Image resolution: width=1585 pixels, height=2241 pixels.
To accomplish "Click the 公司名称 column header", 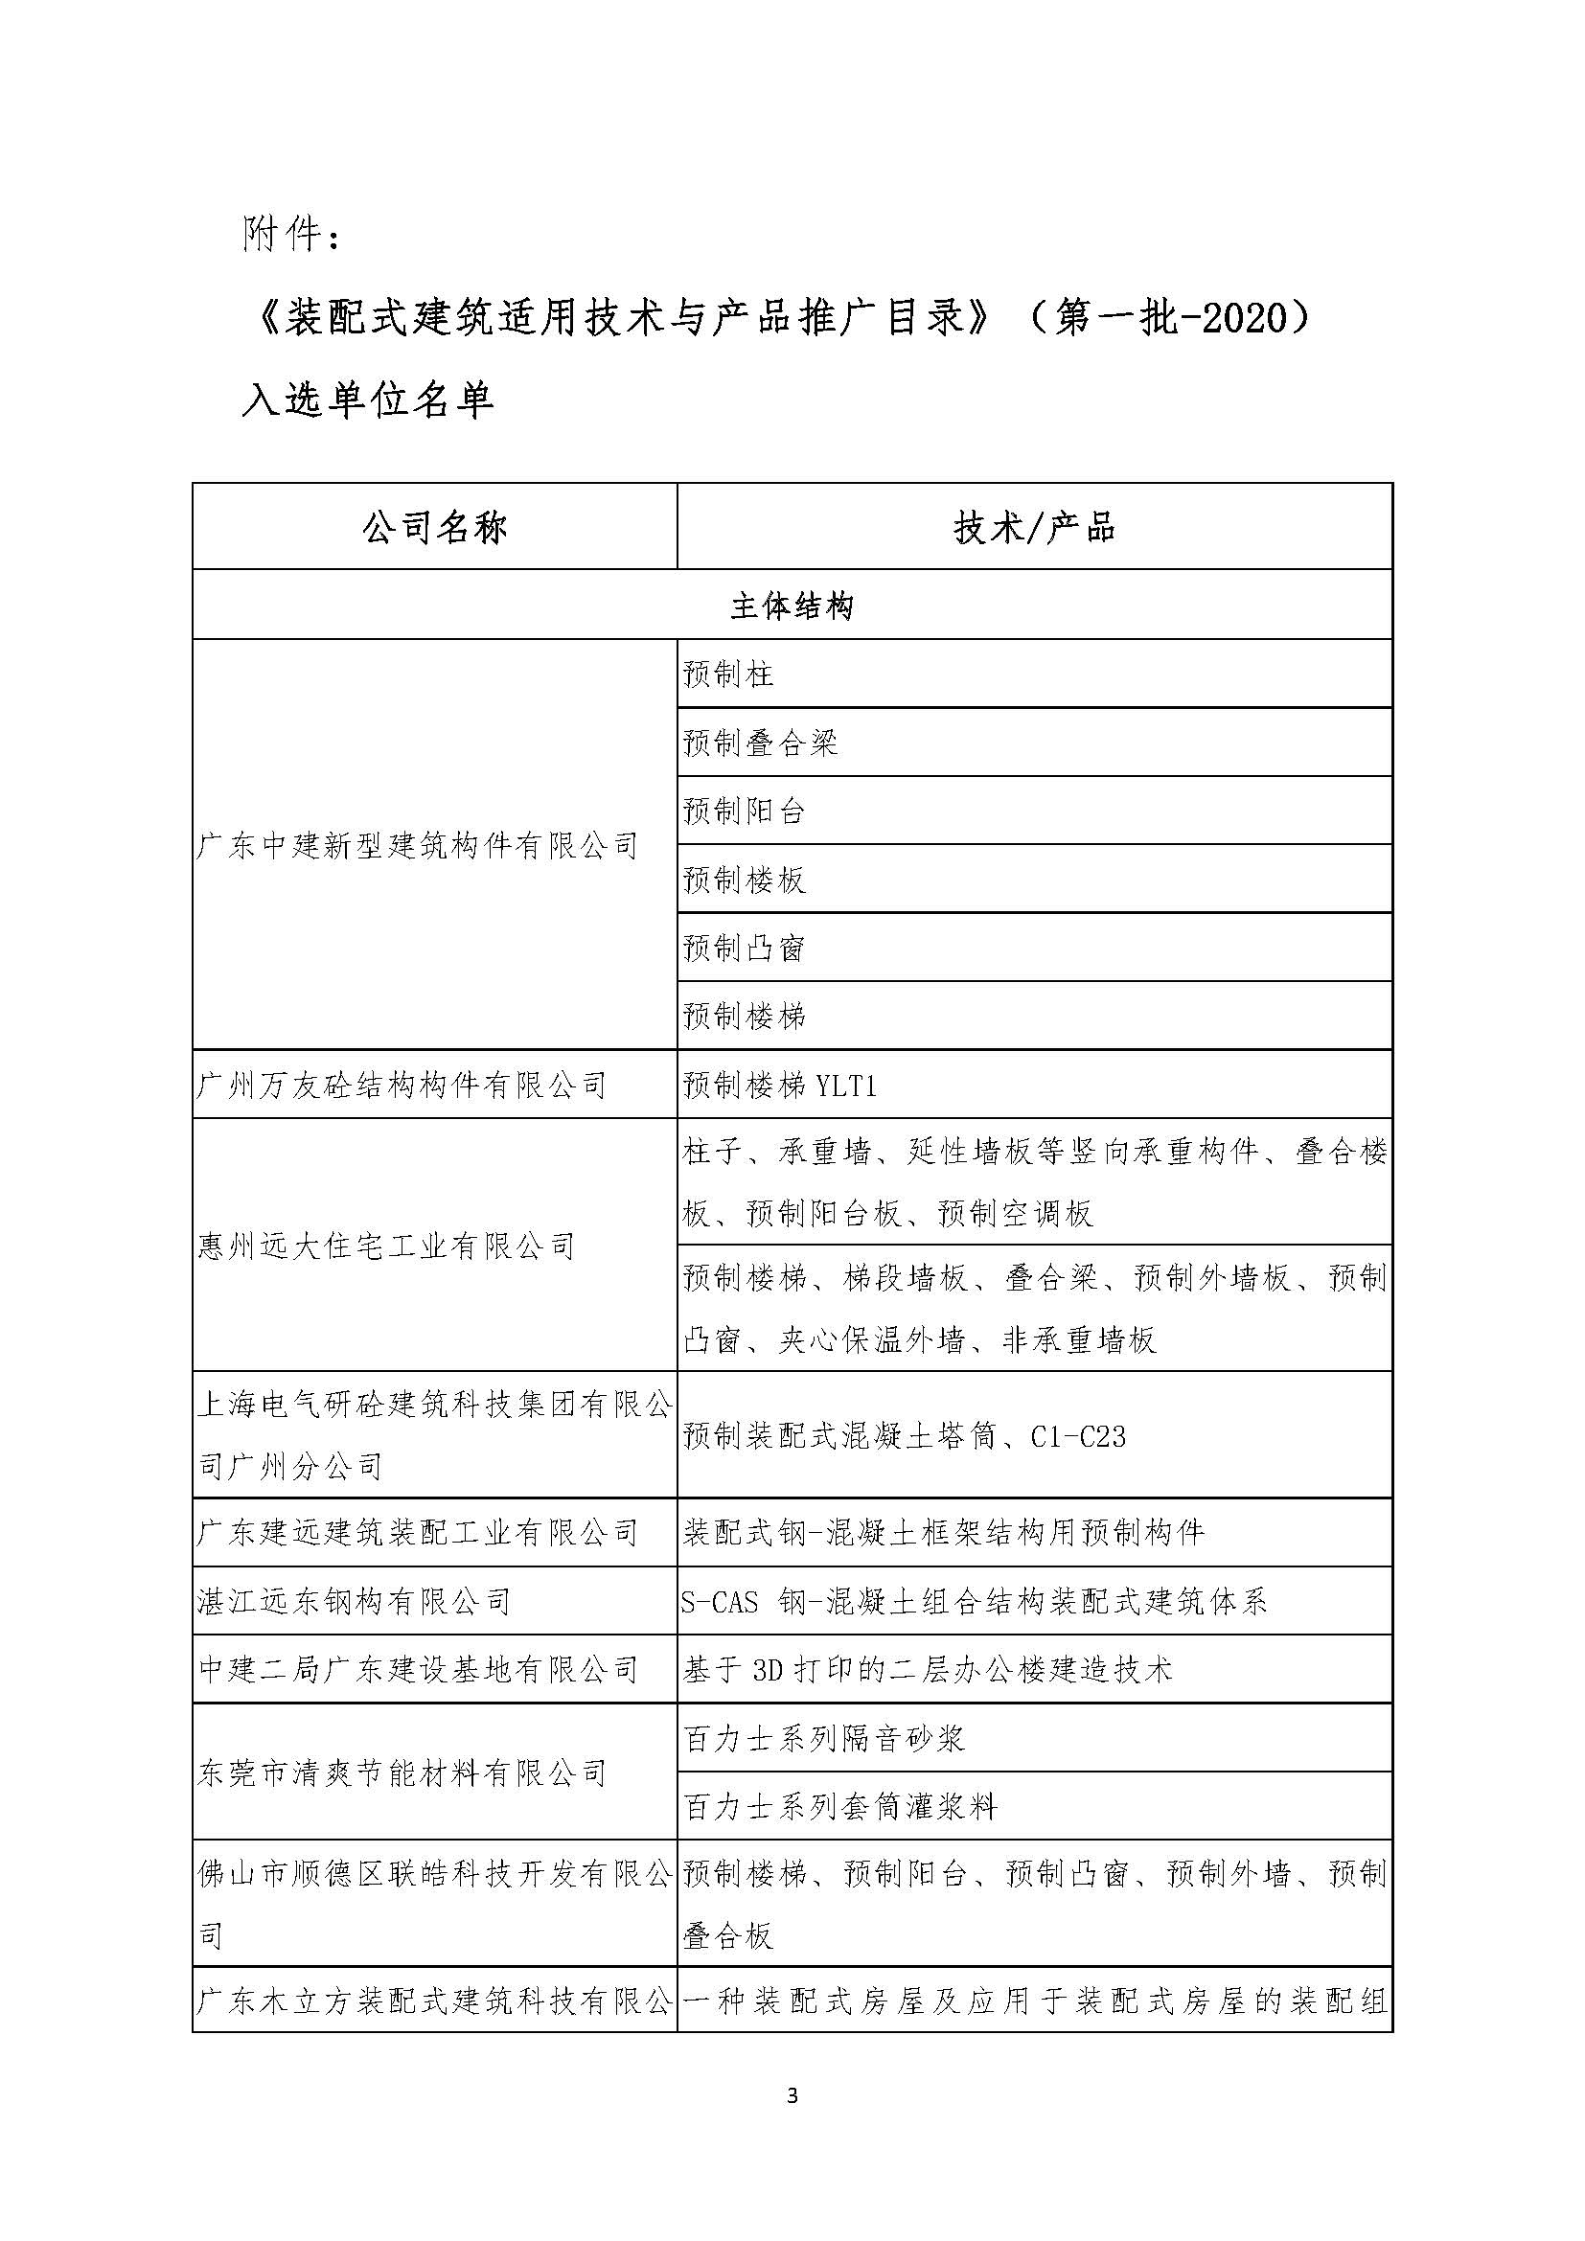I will [x=434, y=528].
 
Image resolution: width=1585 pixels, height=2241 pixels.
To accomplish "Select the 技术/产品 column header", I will [x=1034, y=528].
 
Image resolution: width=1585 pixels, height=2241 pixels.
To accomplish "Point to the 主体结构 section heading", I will [x=792, y=606].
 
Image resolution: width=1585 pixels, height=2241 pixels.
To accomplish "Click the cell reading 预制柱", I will [x=728, y=675].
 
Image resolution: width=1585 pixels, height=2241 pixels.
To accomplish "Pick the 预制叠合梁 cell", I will [x=760, y=743].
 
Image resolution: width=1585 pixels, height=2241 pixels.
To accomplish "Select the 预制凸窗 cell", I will [x=744, y=948].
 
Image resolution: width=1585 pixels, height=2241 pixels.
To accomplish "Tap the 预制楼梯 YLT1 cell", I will [x=779, y=1085].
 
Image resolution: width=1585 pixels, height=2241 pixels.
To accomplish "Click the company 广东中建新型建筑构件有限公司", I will [x=418, y=845].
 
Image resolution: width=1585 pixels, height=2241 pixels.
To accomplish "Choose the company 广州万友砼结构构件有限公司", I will [x=402, y=1085].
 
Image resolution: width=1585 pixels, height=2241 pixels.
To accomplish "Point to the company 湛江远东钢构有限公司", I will [x=355, y=1602].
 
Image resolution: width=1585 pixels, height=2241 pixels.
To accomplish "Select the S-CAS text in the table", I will [x=721, y=1602].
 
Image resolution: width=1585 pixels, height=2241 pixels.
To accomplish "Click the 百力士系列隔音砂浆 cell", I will [x=825, y=1738].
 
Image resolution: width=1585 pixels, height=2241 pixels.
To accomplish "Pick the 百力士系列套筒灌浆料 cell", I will [x=840, y=1807].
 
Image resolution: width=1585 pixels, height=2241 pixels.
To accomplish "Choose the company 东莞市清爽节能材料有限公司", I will [x=402, y=1772].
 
